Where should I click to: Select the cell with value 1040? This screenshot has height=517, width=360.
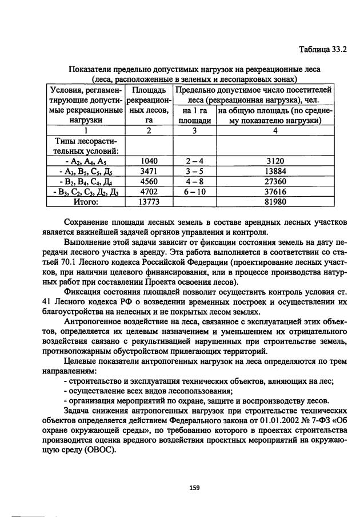[x=149, y=161]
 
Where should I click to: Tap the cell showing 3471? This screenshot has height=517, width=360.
[x=149, y=171]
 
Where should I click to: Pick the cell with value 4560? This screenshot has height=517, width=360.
[x=149, y=181]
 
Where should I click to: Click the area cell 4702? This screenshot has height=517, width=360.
[x=149, y=192]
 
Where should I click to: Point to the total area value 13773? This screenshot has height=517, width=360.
[x=149, y=202]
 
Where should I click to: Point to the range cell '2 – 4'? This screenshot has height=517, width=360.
[x=194, y=161]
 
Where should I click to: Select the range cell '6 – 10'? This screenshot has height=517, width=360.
[x=194, y=192]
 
